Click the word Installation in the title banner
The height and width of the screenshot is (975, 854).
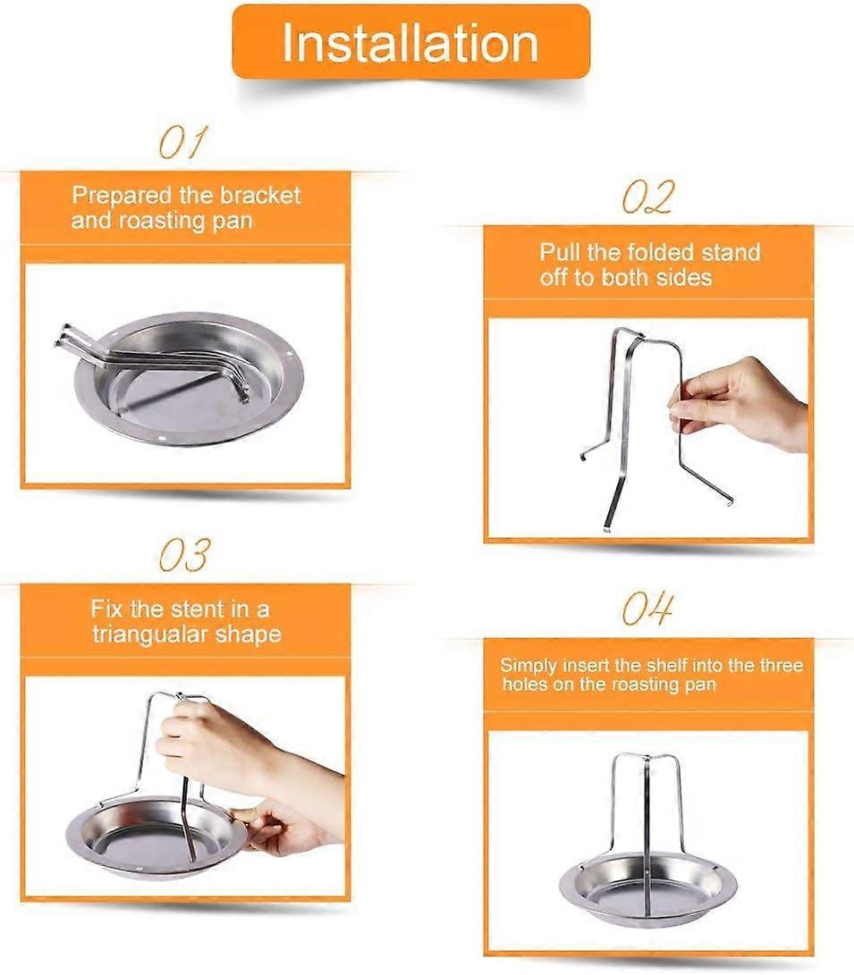click(410, 43)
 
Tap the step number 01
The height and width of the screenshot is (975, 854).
click(182, 142)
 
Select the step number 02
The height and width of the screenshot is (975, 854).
click(648, 198)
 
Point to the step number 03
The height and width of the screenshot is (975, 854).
click(184, 555)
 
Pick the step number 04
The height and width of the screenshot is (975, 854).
click(648, 609)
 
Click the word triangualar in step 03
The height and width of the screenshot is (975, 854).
click(150, 635)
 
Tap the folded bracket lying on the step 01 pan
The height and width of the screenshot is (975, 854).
click(156, 359)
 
